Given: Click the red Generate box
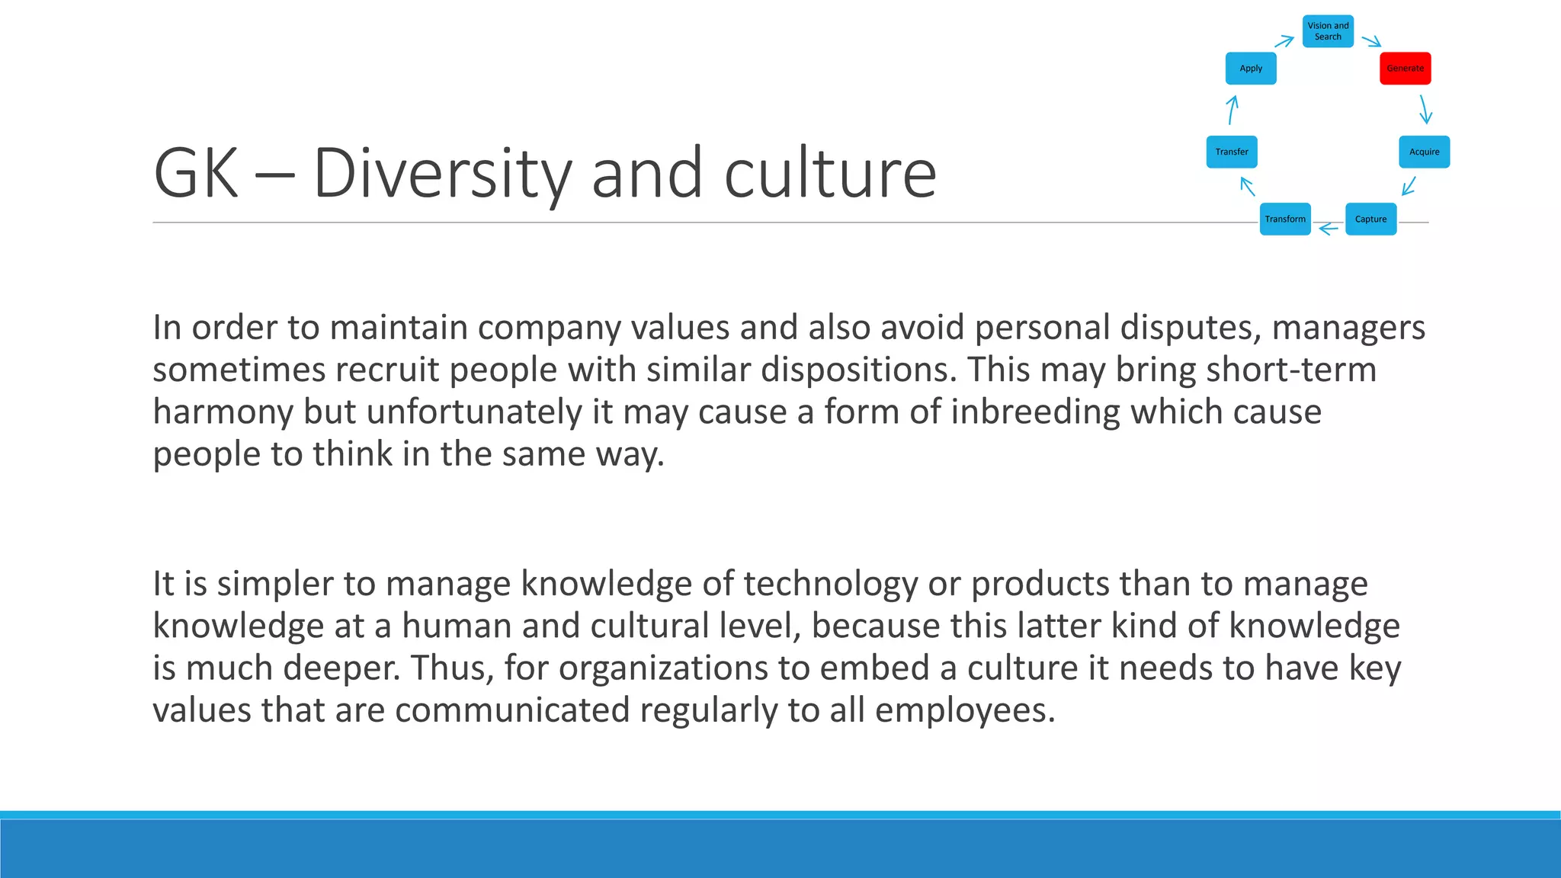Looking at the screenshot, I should [1405, 69].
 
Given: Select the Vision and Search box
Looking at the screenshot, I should [1328, 31].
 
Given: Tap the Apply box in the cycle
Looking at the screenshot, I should [1251, 69].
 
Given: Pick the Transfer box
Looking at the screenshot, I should [1232, 152].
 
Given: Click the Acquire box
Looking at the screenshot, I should [1424, 152].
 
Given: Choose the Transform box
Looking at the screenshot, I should [1285, 219].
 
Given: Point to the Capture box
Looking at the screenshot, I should [1370, 219].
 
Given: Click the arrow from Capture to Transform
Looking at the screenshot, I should [1329, 228].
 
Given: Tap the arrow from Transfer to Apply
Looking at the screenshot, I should [1232, 110].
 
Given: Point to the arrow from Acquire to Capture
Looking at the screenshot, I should [1409, 186].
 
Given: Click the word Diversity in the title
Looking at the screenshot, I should [442, 174].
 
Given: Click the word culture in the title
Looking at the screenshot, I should [830, 174].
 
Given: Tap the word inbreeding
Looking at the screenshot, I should [1035, 412].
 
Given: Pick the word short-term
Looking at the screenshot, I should [1289, 370].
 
